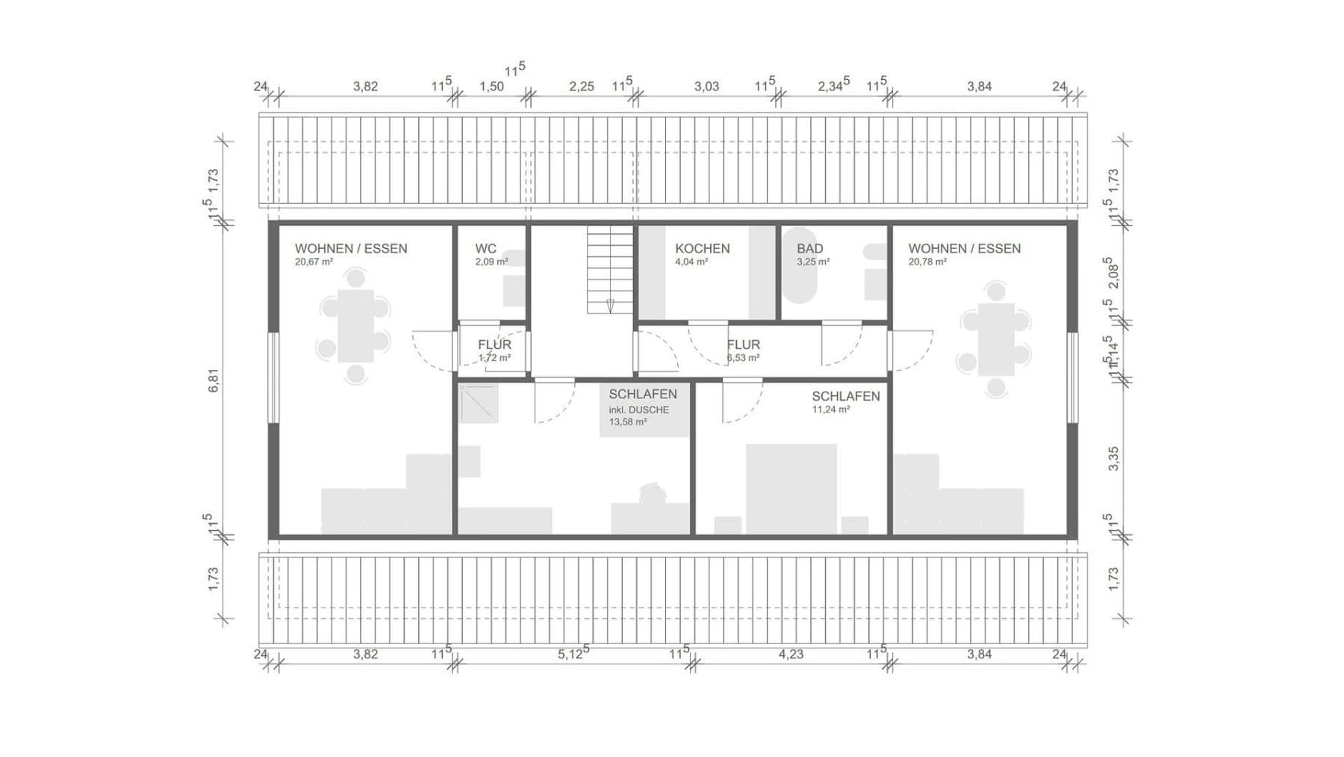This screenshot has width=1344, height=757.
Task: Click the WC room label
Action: (485, 249)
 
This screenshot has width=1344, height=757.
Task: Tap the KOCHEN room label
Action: (702, 249)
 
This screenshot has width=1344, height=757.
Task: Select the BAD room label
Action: (809, 249)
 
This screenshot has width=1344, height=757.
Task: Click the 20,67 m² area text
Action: (314, 262)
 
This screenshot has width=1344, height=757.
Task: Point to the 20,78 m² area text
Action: (927, 262)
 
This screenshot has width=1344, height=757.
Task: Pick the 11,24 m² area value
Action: (830, 410)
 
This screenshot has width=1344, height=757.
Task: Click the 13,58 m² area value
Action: (628, 422)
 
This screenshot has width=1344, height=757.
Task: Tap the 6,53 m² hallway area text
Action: (743, 358)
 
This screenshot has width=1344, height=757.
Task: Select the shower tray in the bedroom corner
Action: (478, 403)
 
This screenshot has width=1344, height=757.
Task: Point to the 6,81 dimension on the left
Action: (214, 381)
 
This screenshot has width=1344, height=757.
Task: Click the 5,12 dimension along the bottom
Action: (573, 654)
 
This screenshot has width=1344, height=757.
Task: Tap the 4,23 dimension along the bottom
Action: (791, 654)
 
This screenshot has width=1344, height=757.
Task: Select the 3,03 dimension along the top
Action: (706, 87)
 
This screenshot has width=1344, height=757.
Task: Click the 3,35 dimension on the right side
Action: (1113, 458)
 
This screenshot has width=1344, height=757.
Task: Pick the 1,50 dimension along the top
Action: (491, 87)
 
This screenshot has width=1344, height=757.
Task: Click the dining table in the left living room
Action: (355, 326)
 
